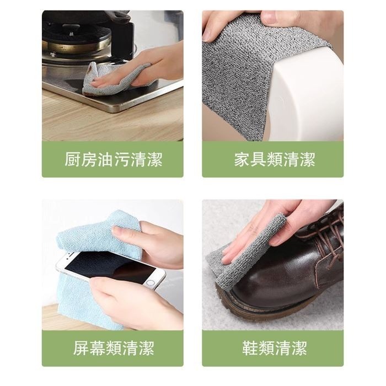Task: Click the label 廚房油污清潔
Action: point(112,160)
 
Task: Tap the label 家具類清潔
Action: point(274,160)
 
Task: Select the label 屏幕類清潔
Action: point(112,349)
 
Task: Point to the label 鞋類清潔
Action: point(274,349)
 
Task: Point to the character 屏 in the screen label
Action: point(81,349)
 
